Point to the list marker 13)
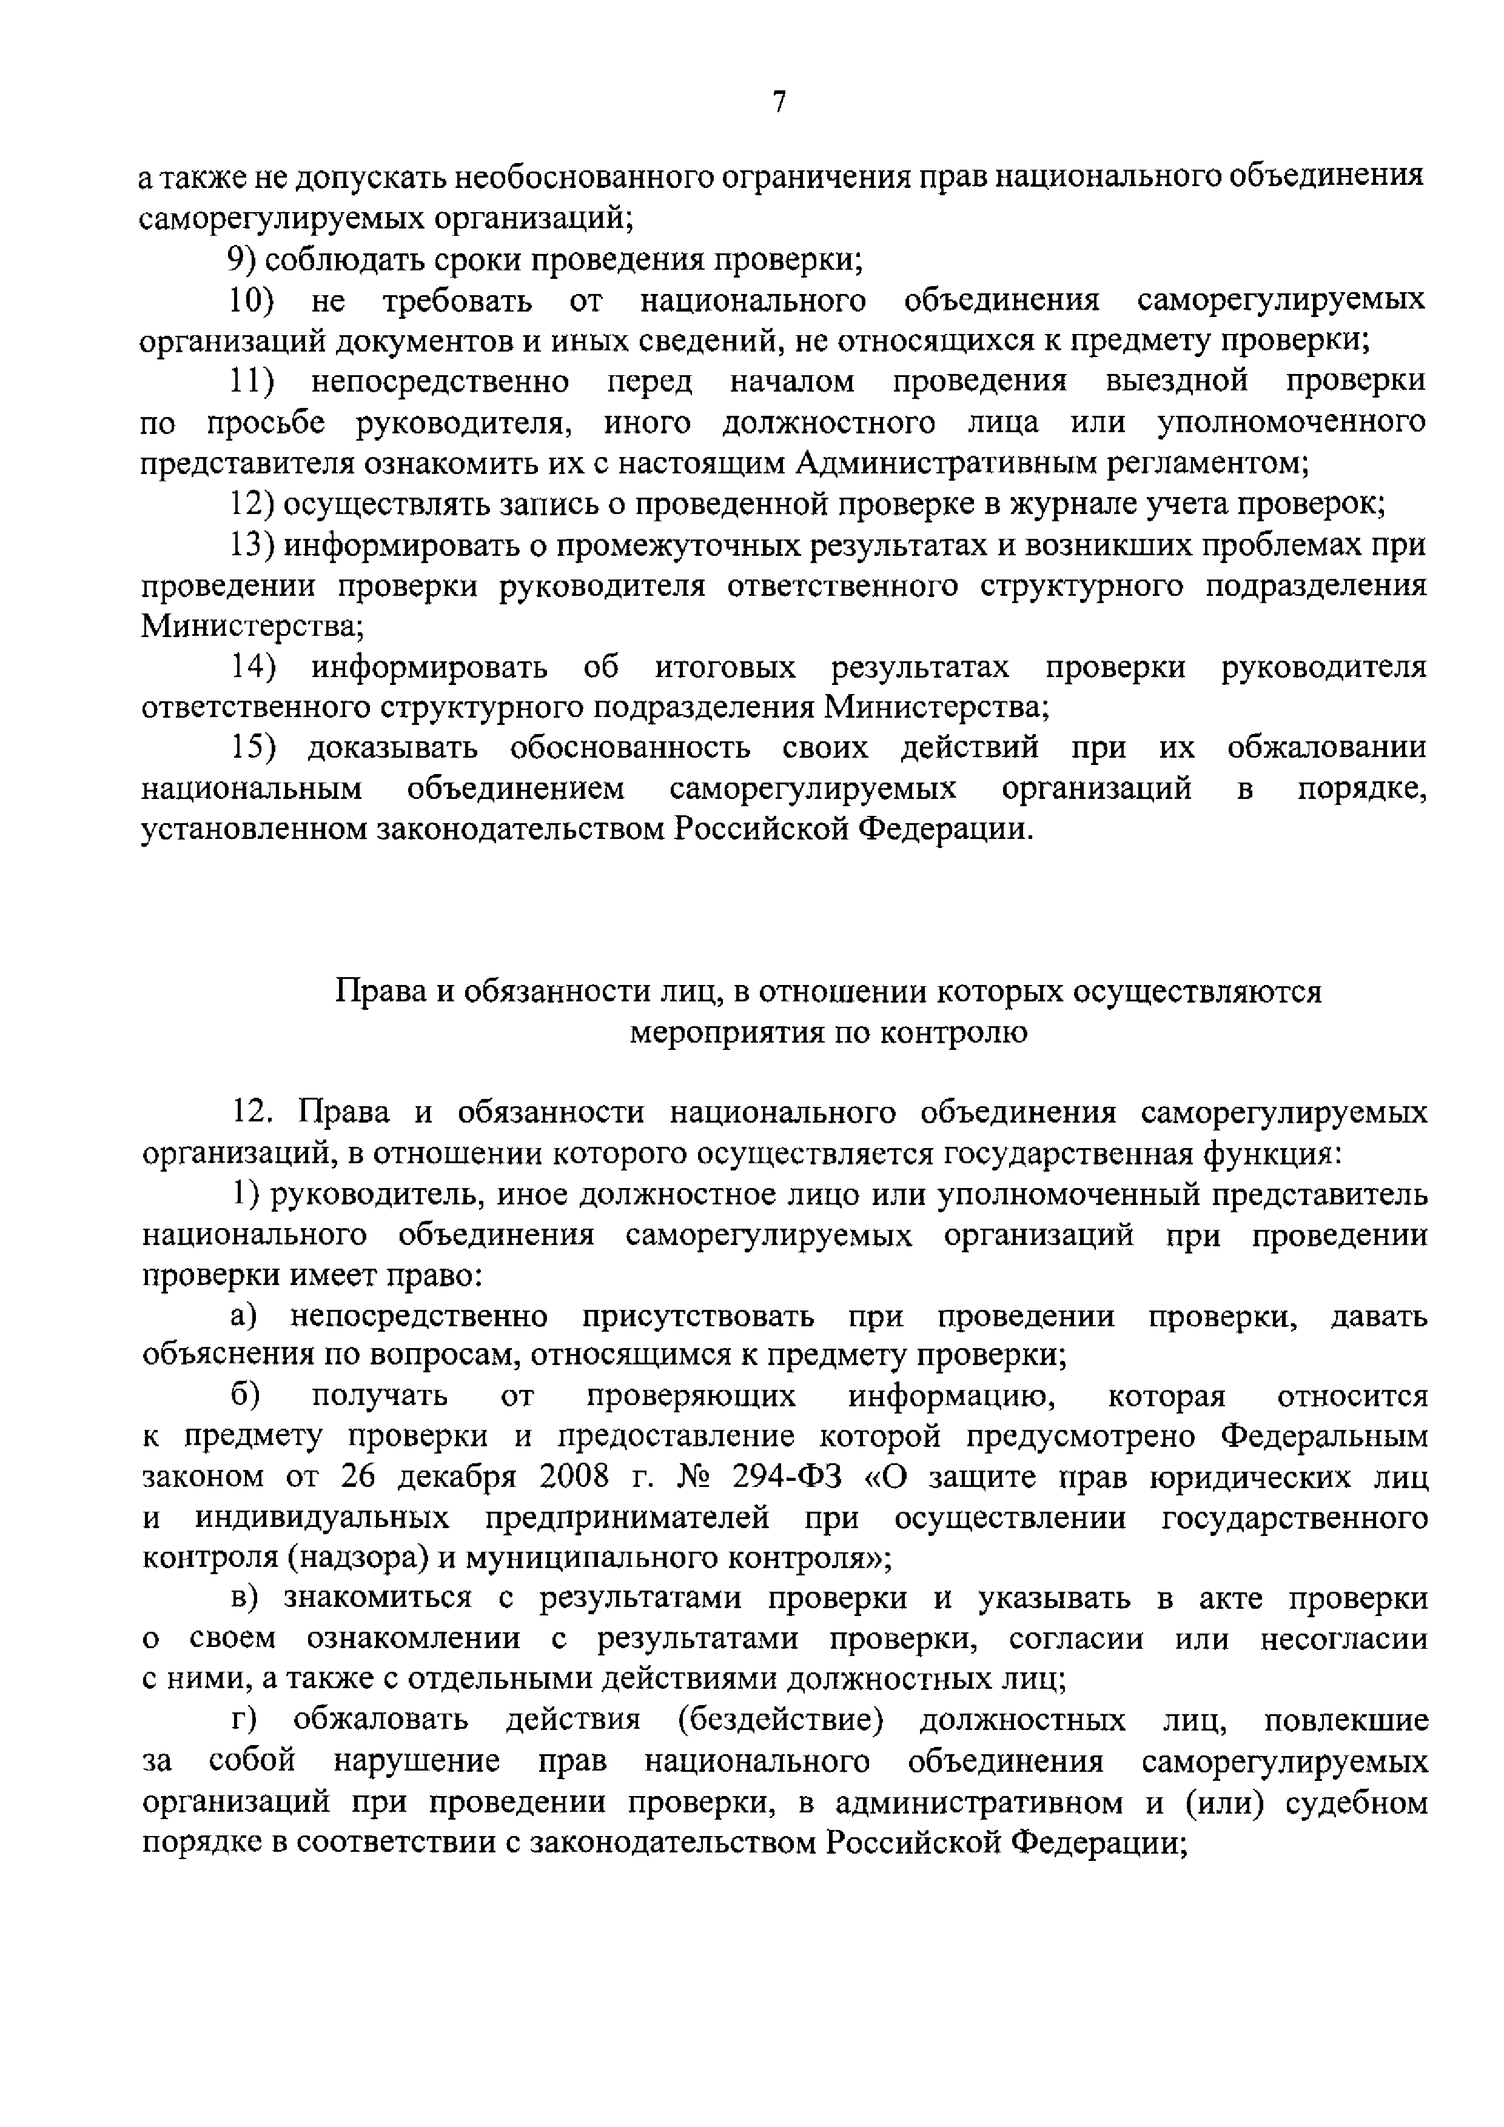click(x=252, y=545)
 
